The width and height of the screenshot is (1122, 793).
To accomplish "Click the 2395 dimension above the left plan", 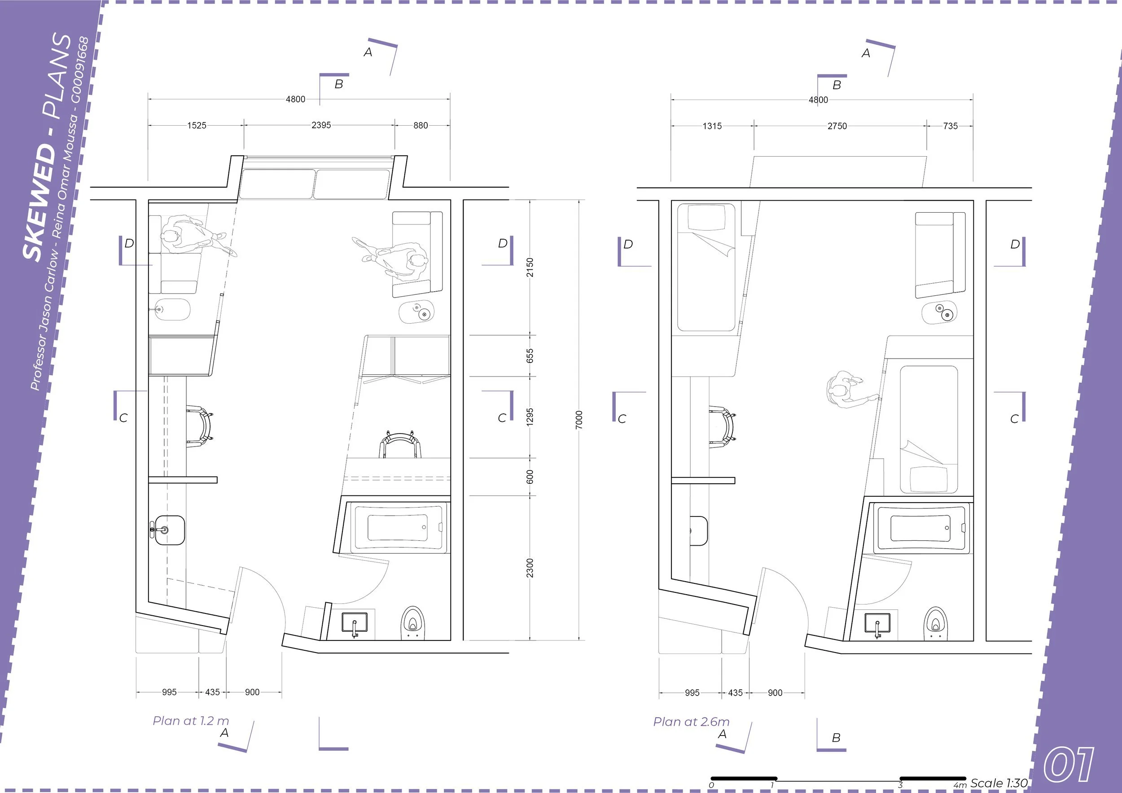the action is (x=321, y=125).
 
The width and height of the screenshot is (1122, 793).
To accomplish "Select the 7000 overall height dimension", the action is (x=579, y=420).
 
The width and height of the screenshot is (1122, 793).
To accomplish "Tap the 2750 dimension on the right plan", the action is (x=837, y=126).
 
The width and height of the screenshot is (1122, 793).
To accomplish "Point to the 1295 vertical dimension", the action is (x=530, y=417).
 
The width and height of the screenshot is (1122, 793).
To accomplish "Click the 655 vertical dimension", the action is (x=530, y=356).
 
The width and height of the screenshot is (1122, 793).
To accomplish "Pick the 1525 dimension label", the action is (x=197, y=126).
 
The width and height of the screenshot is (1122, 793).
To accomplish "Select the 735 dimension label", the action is (x=951, y=126).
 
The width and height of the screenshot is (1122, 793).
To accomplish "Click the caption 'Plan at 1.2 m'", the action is (x=191, y=721).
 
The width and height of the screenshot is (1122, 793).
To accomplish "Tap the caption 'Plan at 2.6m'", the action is (x=692, y=722).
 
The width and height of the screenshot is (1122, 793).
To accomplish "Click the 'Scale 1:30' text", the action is (x=999, y=783).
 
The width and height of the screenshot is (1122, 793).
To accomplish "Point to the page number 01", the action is (x=1069, y=765).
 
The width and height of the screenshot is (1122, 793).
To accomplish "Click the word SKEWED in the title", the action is (x=40, y=202).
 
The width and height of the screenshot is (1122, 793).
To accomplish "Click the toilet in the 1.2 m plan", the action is (x=413, y=623).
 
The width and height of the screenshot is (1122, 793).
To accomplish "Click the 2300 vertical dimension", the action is (x=530, y=568).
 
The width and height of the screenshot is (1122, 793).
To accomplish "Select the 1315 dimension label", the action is (x=712, y=126).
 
